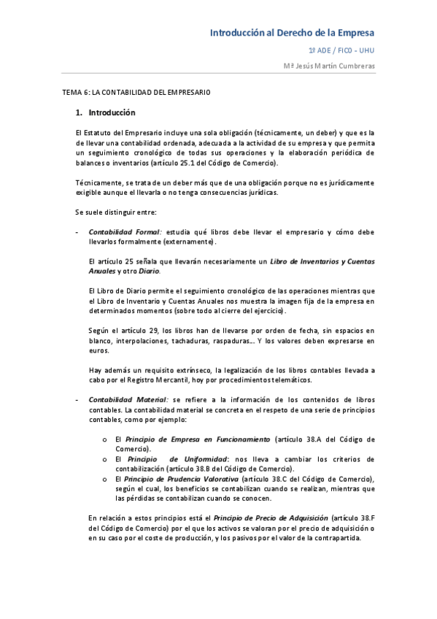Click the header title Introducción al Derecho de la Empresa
click(x=293, y=33)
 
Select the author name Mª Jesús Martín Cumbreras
click(x=329, y=66)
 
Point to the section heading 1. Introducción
click(x=106, y=113)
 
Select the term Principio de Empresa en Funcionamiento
click(x=198, y=439)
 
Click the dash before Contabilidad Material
click(x=77, y=399)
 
